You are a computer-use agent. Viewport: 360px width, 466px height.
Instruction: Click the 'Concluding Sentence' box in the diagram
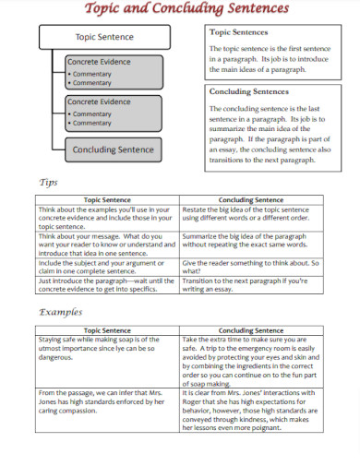click(x=114, y=149)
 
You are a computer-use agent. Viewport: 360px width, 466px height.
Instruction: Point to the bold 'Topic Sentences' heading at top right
click(x=242, y=32)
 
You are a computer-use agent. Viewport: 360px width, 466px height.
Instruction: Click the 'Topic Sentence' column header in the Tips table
click(x=108, y=199)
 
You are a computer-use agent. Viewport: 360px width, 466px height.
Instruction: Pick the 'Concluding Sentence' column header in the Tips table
click(x=250, y=199)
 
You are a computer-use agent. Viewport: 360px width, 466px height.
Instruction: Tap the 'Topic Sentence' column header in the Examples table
click(x=108, y=329)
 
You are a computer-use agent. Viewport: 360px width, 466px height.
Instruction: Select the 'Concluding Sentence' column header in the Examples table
click(x=250, y=329)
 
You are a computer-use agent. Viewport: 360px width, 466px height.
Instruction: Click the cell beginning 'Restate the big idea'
click(x=250, y=214)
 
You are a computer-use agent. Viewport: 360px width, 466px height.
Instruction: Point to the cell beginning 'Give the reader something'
click(x=250, y=268)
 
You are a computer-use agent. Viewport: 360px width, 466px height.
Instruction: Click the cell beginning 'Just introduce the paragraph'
click(x=108, y=285)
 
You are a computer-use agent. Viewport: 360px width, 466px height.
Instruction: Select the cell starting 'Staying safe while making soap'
click(x=108, y=349)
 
